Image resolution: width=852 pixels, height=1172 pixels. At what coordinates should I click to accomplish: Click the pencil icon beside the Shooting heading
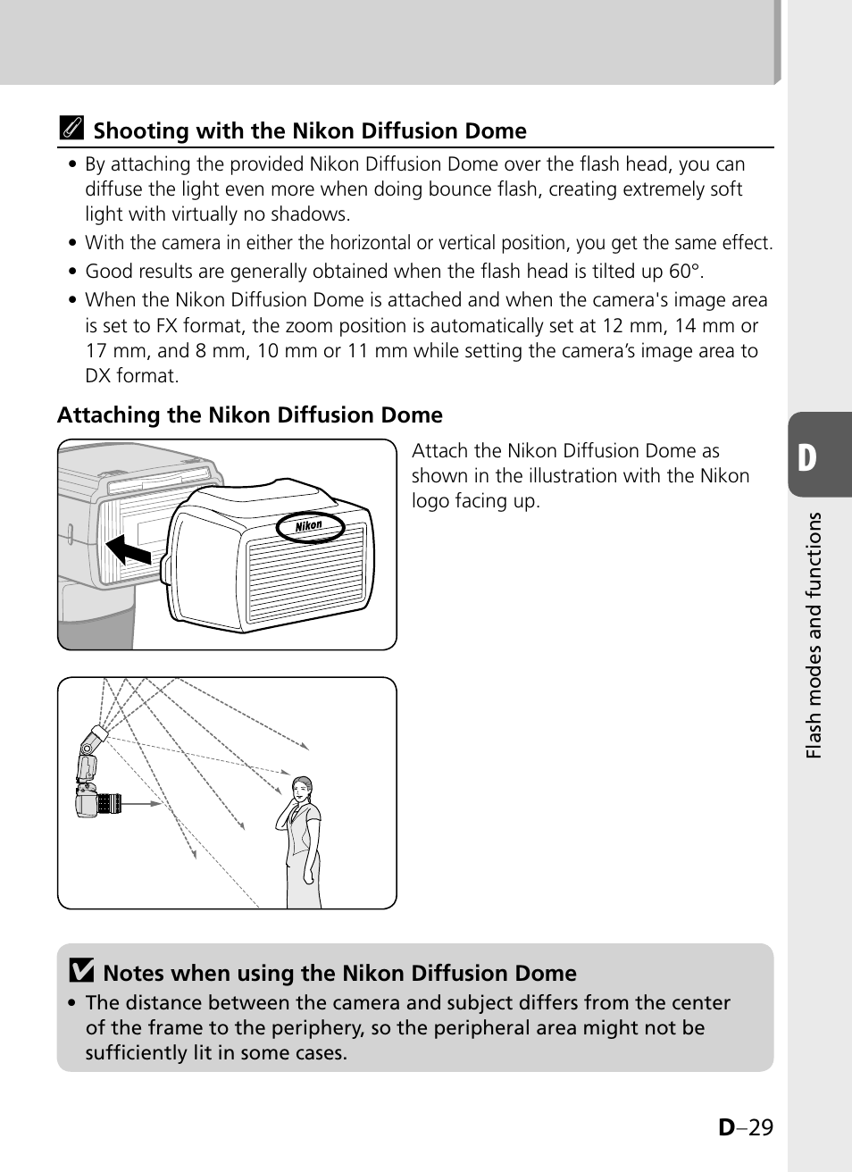(71, 130)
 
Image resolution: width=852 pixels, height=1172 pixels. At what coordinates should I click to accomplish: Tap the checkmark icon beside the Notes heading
(81, 972)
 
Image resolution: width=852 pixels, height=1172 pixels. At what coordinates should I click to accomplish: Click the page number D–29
(746, 1126)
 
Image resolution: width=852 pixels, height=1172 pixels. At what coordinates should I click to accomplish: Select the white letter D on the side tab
(807, 457)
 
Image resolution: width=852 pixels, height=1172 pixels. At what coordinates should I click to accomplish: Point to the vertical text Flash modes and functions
(813, 636)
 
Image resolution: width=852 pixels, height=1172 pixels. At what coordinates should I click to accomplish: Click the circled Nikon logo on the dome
(309, 526)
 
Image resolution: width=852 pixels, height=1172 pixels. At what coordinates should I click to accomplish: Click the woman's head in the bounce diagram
(303, 787)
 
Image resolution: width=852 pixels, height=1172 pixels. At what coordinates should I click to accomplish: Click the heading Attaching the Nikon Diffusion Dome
(250, 415)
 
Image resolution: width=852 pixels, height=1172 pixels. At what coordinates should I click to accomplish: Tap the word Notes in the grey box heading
(134, 973)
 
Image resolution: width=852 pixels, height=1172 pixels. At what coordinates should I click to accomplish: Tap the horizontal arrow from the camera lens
(143, 804)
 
